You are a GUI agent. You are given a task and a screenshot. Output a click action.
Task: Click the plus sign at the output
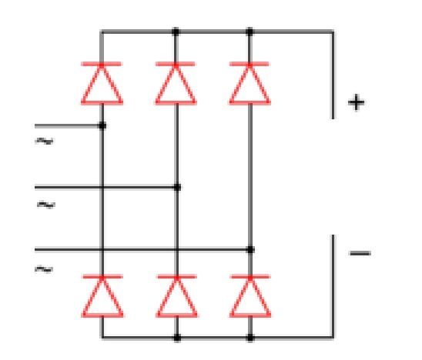pos(356,102)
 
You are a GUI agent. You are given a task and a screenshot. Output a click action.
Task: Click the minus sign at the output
pos(360,253)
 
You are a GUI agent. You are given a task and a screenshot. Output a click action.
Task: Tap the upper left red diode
pos(102,83)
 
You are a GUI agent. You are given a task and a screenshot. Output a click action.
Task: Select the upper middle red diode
pos(176,83)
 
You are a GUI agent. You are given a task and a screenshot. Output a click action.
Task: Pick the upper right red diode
pos(250,83)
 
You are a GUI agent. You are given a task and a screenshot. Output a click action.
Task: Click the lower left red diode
pos(102,295)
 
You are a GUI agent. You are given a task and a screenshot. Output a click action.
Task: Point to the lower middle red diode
pos(176,295)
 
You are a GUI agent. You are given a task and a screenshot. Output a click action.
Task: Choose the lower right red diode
pos(250,295)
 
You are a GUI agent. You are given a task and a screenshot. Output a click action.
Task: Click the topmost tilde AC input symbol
pos(44,141)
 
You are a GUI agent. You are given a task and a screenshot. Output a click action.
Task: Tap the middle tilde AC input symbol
pos(46,205)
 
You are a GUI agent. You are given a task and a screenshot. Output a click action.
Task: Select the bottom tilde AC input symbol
pos(44,269)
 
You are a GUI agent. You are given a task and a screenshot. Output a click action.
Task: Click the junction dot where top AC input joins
pos(102,125)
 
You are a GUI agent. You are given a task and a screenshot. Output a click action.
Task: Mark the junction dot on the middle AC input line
pos(177,187)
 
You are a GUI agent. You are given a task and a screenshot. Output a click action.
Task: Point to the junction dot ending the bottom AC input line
pos(250,250)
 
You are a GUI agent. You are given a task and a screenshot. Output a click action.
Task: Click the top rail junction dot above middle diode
pos(176,32)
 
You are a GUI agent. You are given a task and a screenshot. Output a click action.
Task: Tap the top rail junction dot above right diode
pos(250,32)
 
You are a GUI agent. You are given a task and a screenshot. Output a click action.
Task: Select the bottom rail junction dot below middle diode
pos(177,338)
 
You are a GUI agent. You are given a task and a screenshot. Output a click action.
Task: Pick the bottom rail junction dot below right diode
pos(250,338)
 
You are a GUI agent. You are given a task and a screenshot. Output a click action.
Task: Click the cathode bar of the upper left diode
pos(102,64)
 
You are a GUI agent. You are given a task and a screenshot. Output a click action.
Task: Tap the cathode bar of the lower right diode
pos(250,277)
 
